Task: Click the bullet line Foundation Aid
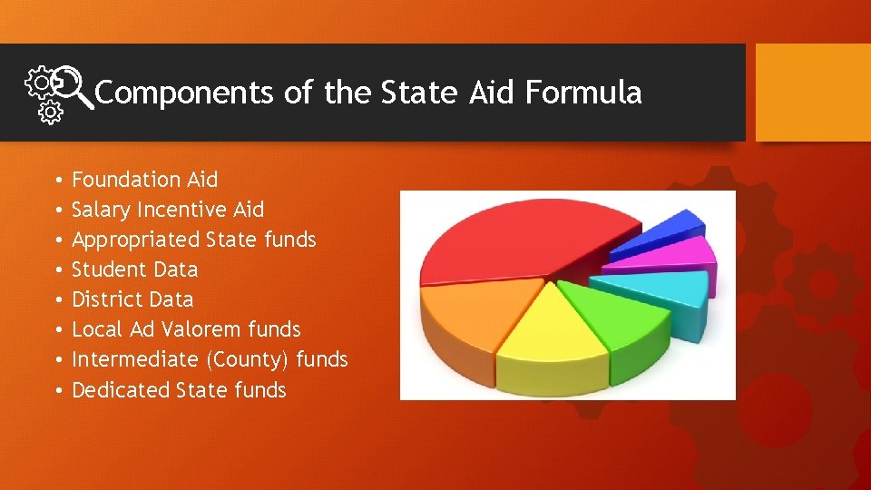[144, 180]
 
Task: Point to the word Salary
[101, 210]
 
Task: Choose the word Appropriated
[135, 240]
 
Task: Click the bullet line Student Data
[134, 269]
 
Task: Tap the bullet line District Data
[132, 299]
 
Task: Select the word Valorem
[192, 329]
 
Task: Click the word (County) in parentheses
[248, 359]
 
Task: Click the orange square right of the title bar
[813, 93]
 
